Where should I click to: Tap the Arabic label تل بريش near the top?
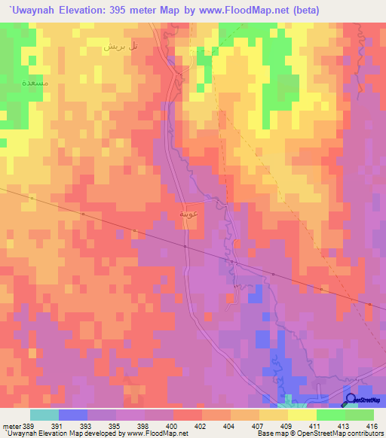[x=121, y=46]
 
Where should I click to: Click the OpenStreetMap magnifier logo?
[x=349, y=400]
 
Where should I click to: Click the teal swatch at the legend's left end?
[x=44, y=415]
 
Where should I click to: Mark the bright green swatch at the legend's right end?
[x=360, y=415]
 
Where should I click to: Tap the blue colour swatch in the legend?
[x=73, y=415]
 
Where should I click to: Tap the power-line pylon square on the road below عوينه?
[x=185, y=245]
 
